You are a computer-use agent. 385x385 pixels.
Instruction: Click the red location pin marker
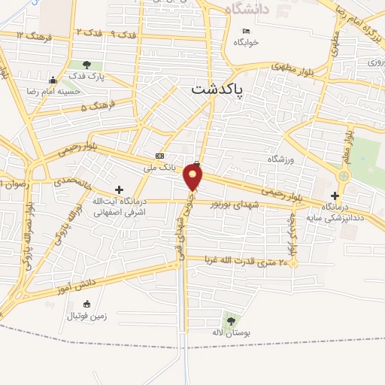[x=193, y=177]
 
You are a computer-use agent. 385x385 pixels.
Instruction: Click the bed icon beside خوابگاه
[x=247, y=31]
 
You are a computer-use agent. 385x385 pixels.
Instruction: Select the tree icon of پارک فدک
[x=87, y=65]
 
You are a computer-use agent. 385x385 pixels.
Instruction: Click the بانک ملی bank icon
[x=159, y=155]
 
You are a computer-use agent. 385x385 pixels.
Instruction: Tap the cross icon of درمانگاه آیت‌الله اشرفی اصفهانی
[x=118, y=189]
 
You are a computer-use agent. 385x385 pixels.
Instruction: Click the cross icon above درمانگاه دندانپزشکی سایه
[x=335, y=195]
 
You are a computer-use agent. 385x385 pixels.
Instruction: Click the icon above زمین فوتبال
[x=86, y=305]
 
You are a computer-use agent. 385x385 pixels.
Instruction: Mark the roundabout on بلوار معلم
[x=344, y=176]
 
